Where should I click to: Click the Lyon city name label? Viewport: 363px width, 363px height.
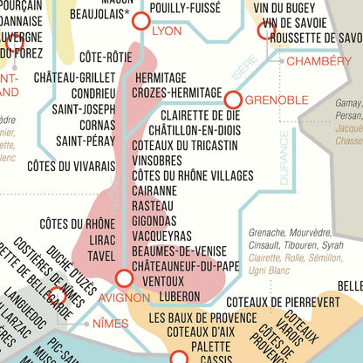coord(168,31)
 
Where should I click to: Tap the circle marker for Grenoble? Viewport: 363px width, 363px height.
coord(233,99)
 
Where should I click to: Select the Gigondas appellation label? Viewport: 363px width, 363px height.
coord(155,221)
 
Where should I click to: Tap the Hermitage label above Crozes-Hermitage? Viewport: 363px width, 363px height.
coord(161,78)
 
